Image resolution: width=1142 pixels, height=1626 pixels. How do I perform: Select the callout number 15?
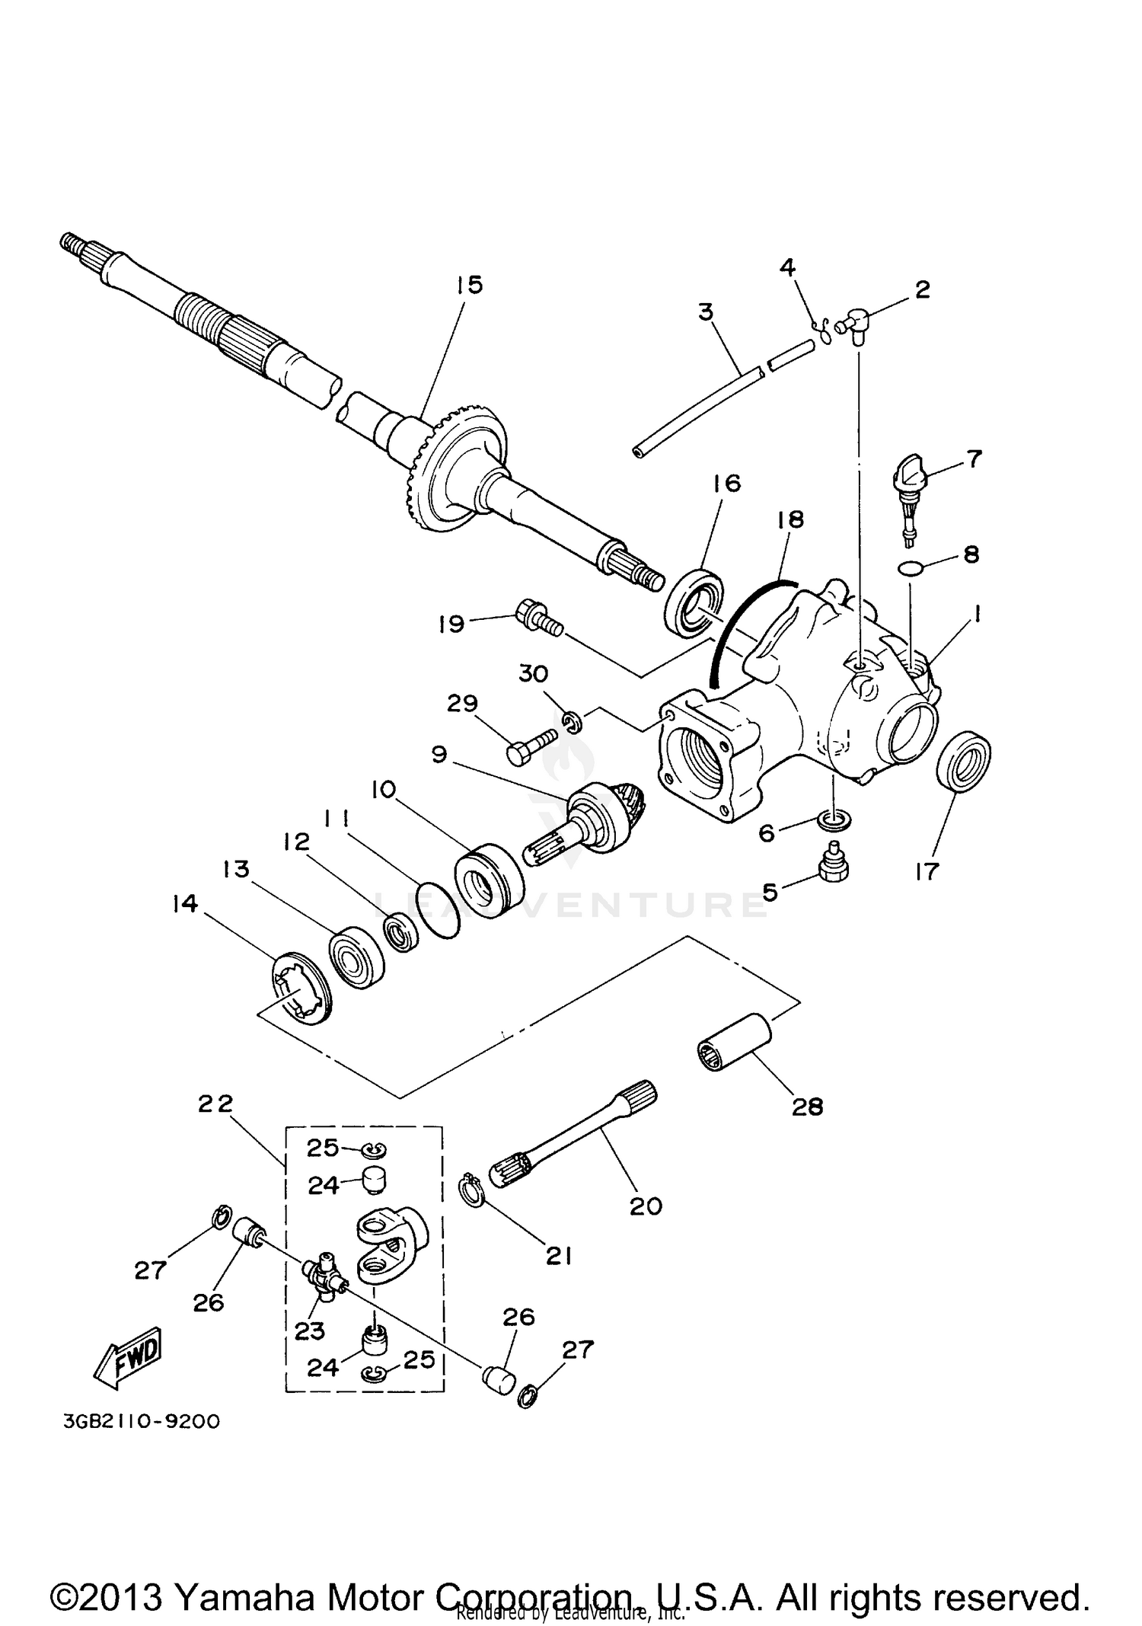pos(470,285)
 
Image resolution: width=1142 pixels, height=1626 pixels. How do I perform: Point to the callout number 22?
pos(215,1104)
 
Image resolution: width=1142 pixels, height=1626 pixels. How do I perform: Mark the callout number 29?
pos(462,704)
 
